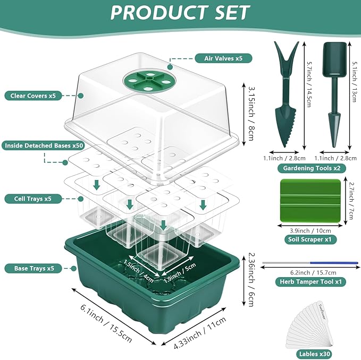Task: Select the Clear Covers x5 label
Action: tap(33, 96)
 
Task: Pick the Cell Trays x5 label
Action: tap(33, 199)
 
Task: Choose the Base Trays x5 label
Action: tap(33, 268)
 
